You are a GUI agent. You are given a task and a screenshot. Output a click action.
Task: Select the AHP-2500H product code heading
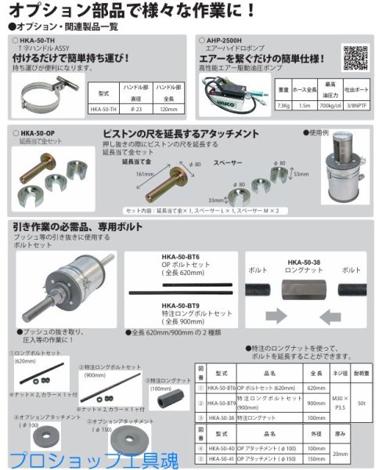[220, 37]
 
